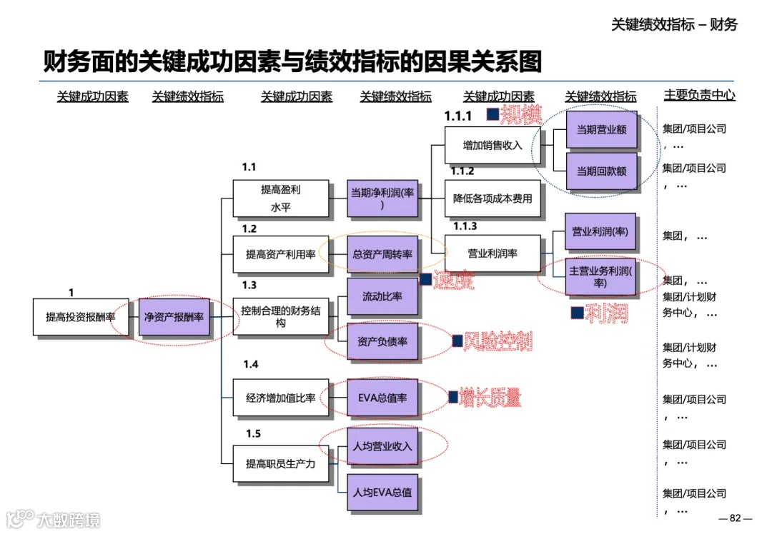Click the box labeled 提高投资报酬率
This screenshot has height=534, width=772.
tap(81, 317)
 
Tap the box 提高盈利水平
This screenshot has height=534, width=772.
tap(281, 198)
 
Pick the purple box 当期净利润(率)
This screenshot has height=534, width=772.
tap(383, 198)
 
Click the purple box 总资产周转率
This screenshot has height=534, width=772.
tap(383, 254)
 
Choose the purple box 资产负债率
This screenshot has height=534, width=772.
tap(383, 341)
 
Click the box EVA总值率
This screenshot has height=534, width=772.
tap(383, 398)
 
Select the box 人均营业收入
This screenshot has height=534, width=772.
tap(383, 447)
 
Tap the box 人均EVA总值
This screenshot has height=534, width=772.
tap(383, 493)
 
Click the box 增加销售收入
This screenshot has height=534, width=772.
tap(493, 146)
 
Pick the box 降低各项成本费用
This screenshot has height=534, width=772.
tap(493, 198)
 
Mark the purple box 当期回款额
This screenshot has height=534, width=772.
tap(601, 171)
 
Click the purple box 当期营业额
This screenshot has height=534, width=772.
tap(601, 131)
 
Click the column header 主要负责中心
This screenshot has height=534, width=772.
tap(699, 95)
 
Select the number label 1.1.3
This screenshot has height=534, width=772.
tap(460, 226)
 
